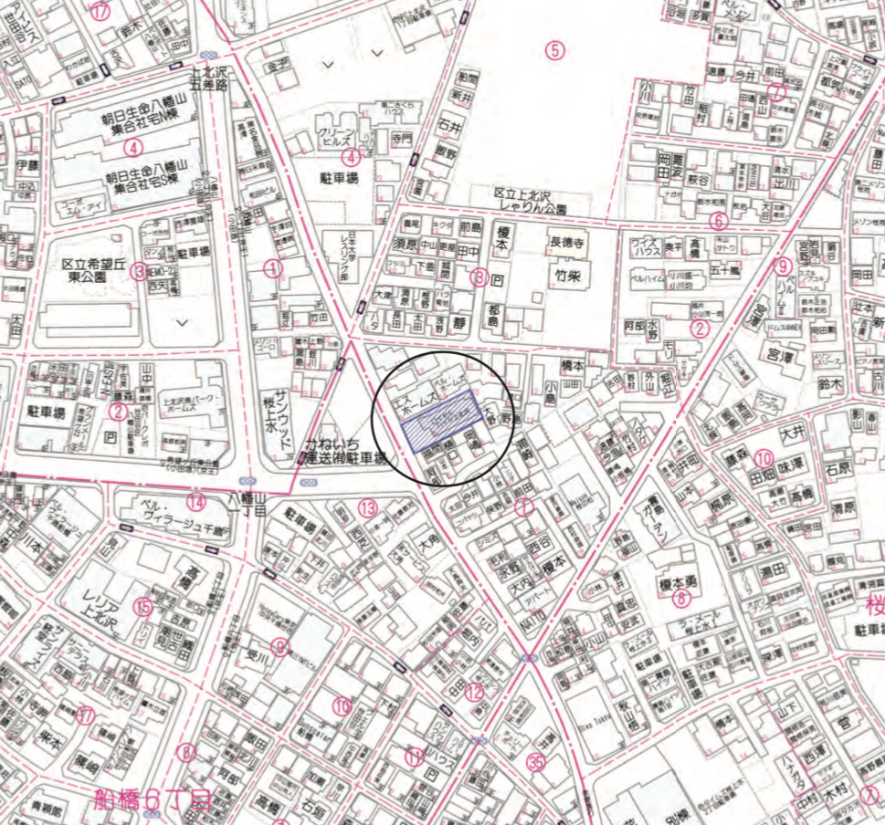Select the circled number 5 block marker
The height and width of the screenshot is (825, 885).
(553, 50)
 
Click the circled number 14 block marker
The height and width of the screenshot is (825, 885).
(196, 500)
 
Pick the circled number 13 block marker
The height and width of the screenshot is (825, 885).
(367, 507)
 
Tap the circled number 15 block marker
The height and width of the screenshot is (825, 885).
(143, 606)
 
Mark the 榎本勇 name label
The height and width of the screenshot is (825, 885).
(680, 580)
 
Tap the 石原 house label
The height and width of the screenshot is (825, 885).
(839, 468)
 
